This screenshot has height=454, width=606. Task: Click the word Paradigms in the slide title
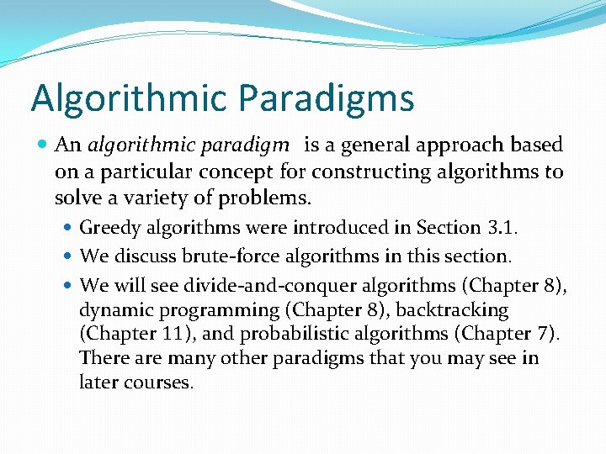(327, 98)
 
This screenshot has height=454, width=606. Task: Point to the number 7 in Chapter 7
(547, 334)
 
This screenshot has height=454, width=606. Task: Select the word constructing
(364, 172)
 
